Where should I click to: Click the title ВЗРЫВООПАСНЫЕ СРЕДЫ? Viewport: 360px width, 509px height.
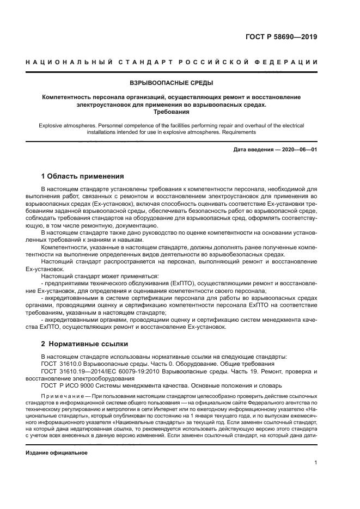(171, 83)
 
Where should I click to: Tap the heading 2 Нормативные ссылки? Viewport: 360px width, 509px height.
(84, 344)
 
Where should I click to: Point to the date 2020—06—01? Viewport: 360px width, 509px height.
(298, 149)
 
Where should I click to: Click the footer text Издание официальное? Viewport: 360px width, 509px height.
(57, 452)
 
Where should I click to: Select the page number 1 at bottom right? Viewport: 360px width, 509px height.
(315, 463)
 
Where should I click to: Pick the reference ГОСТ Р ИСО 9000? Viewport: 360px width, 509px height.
(69, 384)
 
